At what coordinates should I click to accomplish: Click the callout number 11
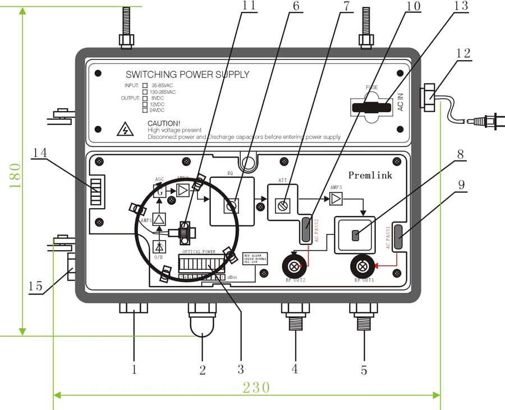pos(249,7)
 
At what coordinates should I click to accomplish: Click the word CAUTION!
pos(164,123)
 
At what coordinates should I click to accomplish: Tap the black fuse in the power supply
pos(370,107)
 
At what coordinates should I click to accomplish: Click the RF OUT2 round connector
pos(293,265)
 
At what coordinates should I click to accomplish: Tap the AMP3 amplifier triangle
pos(336,199)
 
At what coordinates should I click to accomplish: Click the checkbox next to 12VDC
pos(146,104)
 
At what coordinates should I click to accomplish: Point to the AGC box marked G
pos(159,191)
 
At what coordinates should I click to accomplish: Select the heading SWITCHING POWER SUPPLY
pos(187,75)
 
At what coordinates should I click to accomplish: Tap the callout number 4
pos(295,369)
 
